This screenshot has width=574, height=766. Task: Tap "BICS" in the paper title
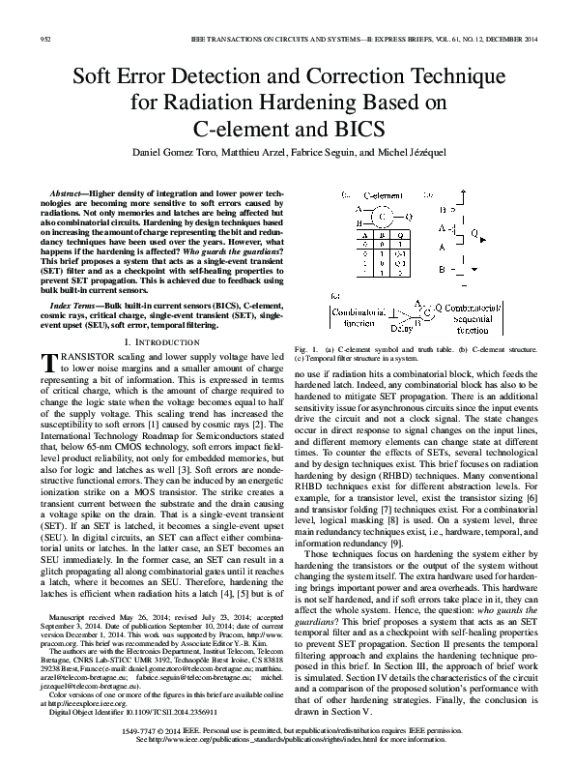point(362,129)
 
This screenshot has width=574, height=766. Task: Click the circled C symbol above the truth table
point(381,211)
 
